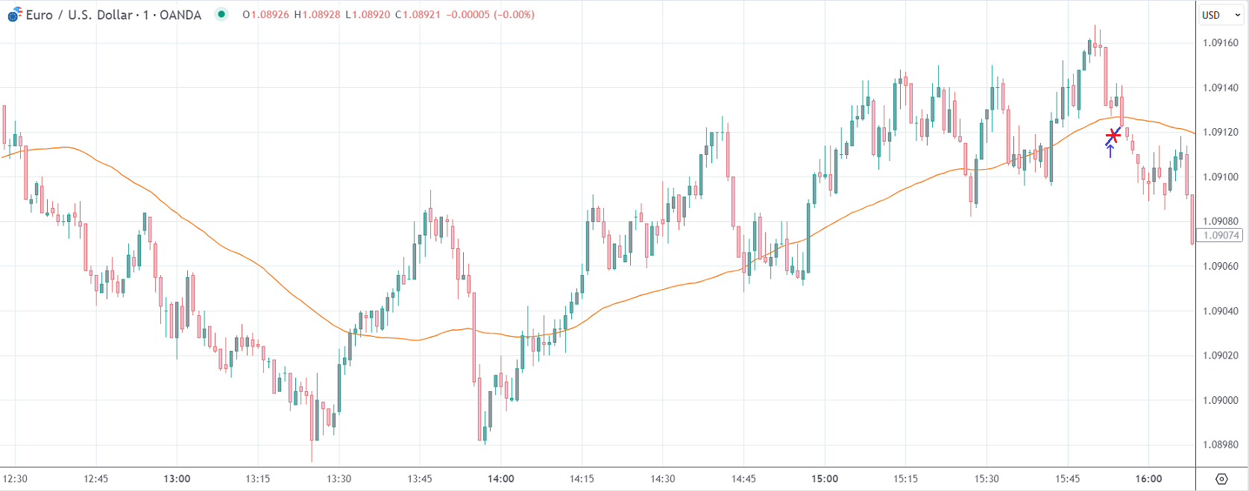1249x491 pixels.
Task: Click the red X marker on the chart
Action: (1113, 135)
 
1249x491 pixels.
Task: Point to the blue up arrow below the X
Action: (1110, 151)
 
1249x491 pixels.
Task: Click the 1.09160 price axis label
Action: (1220, 43)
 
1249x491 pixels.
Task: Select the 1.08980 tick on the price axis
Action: (1220, 445)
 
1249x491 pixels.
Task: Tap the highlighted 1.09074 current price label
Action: (1221, 235)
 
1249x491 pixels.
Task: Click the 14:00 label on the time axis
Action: (500, 479)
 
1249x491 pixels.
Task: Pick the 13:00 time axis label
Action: (177, 479)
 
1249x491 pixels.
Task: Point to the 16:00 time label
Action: (1148, 479)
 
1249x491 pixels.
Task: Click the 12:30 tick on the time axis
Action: (15, 479)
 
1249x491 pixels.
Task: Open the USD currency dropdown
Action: (1220, 15)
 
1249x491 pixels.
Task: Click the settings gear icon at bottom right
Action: (1221, 479)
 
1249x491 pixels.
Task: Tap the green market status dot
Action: (221, 14)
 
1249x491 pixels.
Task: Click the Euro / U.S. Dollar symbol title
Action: (79, 15)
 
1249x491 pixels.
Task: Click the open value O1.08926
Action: (265, 15)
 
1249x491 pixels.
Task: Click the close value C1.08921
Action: (418, 15)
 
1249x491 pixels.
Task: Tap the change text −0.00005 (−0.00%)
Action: (490, 15)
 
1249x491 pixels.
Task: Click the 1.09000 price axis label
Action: (1220, 400)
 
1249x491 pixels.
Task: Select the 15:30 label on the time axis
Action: (987, 479)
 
